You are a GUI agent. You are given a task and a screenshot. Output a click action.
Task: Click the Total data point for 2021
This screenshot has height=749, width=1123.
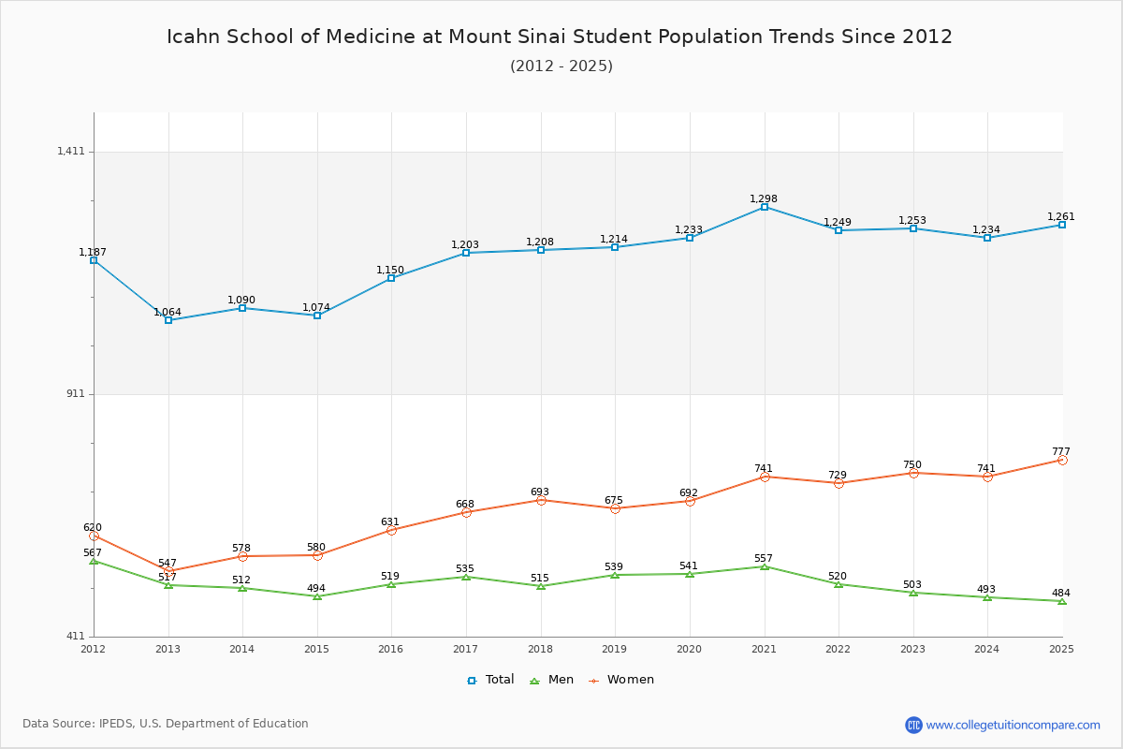[x=764, y=207]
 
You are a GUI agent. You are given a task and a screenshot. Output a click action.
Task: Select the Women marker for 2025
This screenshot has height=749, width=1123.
[x=1062, y=460]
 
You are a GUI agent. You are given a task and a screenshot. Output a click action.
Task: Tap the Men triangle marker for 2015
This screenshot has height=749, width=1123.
[x=317, y=596]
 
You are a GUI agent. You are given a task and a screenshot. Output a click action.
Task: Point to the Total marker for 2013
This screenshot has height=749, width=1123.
[x=168, y=320]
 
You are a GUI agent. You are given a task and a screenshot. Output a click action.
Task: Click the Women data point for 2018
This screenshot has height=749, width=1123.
[x=541, y=500]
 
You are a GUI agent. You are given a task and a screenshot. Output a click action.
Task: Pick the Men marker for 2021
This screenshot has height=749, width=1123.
[x=764, y=566]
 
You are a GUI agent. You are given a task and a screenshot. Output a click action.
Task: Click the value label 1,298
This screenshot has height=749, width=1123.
[x=763, y=198]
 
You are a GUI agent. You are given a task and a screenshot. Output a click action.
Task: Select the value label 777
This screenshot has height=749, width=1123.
[x=1061, y=451]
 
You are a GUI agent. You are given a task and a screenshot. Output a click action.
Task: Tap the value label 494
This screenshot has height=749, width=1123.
[x=316, y=588]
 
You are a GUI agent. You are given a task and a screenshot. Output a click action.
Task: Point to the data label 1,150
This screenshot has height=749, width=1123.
[x=390, y=270]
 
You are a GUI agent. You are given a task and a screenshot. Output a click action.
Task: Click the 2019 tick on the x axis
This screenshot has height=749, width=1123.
[x=614, y=649]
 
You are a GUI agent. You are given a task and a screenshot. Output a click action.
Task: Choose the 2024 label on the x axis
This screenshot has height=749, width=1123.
[x=986, y=649]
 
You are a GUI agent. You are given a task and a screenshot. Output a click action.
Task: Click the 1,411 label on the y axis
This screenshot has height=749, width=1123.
[x=71, y=151]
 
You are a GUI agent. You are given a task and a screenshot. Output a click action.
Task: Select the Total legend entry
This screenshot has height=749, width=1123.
[x=490, y=680]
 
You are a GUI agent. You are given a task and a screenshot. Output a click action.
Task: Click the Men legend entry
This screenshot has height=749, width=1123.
[x=551, y=680]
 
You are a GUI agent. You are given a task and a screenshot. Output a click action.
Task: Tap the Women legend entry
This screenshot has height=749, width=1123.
[x=621, y=680]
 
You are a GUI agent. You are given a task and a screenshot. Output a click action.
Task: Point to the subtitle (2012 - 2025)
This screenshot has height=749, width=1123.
[x=561, y=66]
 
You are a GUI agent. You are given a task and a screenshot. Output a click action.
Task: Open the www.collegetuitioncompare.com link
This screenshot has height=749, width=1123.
[x=1013, y=725]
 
